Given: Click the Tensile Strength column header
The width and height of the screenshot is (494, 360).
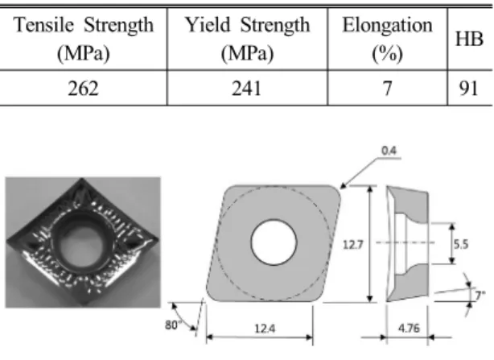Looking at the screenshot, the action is [84, 39].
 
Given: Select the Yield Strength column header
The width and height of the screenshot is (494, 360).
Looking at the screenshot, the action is [247, 39].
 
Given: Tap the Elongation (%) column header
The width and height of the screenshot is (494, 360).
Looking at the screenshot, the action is [387, 39].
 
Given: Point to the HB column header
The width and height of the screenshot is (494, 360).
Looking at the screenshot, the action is [469, 39].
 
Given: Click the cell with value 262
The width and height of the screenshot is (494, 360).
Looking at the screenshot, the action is [83, 89].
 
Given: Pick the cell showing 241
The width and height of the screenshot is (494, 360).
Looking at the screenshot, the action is [247, 89].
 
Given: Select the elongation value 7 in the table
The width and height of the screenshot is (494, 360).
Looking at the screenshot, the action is [388, 89].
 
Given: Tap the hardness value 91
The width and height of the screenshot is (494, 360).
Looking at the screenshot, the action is [469, 89].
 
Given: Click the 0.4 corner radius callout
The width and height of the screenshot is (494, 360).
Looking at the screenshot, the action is [389, 151].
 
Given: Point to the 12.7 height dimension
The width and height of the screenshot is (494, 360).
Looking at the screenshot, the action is [353, 244].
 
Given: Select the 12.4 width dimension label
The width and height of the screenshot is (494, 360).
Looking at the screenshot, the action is [265, 329].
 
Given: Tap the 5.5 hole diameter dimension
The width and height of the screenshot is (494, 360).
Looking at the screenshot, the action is [461, 244].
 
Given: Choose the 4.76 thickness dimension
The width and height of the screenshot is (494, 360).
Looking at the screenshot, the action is [409, 328].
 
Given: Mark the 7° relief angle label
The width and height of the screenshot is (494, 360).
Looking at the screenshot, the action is [480, 296].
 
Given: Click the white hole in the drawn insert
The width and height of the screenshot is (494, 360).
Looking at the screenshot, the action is [274, 242].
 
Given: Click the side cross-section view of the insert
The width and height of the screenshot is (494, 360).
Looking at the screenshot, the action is [407, 244].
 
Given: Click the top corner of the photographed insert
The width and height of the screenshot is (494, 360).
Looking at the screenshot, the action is [82, 180].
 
